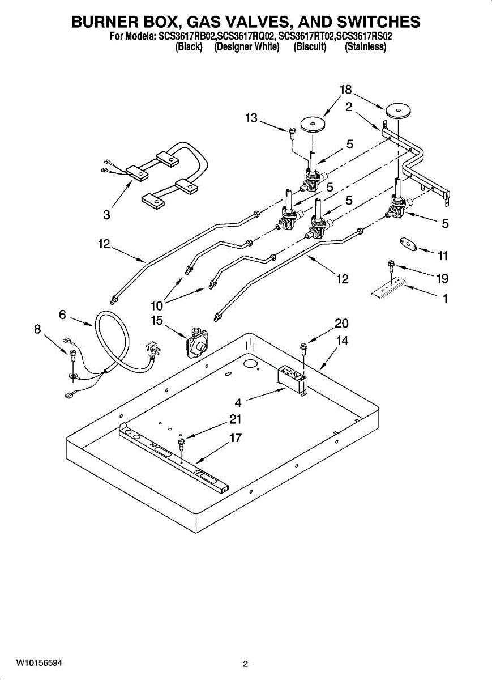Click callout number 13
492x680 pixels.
coord(251,118)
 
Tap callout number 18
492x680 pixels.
coord(346,90)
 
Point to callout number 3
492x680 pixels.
coord(106,215)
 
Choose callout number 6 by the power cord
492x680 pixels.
coord(62,314)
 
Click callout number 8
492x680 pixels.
coord(37,329)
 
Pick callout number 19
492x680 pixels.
coord(442,279)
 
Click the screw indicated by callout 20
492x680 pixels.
coord(303,346)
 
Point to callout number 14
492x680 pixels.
coord(343,341)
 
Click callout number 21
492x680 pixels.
coord(236,420)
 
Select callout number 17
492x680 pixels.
coord(236,438)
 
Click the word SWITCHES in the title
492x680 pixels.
coord(374,22)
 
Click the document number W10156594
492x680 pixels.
coord(39,662)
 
